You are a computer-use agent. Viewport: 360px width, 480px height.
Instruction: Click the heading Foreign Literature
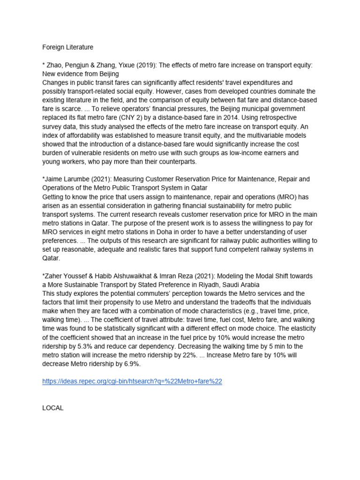click(x=67, y=47)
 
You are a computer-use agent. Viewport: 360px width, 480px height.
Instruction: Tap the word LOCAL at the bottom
click(x=52, y=408)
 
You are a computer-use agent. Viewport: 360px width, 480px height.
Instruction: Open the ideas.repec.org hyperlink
click(x=132, y=382)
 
